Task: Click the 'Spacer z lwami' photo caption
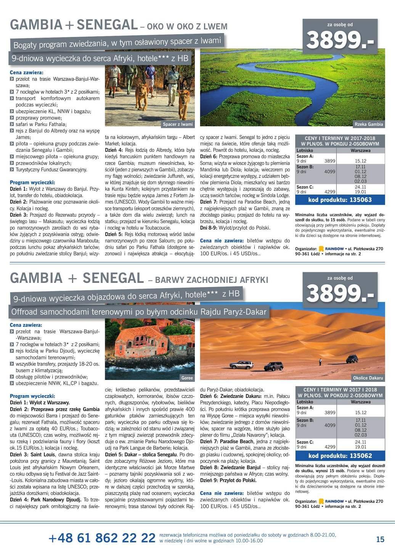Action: coord(178,124)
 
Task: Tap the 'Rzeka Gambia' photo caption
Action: coord(368,124)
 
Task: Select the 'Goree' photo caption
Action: coord(187,378)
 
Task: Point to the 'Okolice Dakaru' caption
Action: coord(368,378)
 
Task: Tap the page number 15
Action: coord(380,539)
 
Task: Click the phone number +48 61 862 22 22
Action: coord(102,538)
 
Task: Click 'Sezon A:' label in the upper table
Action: coord(305,156)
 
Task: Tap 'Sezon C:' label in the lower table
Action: coord(305,442)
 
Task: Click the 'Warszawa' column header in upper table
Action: coord(360,150)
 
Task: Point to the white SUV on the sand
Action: coord(241,365)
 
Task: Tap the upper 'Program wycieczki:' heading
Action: coord(32,182)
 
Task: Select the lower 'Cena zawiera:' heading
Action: coord(26,325)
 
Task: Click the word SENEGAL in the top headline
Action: coord(107,25)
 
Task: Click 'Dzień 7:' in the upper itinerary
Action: coord(208,201)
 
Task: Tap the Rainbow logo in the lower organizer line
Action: coord(331,501)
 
